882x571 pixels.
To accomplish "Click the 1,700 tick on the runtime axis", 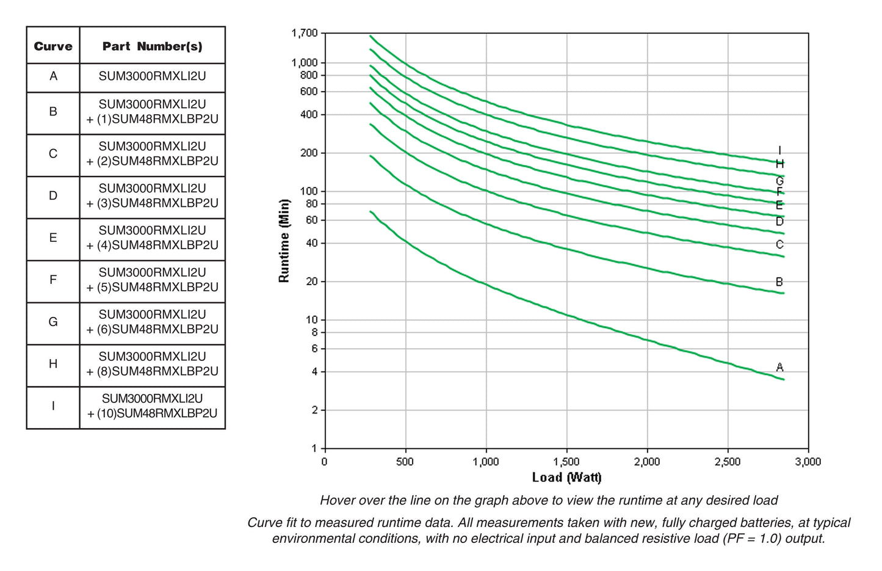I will pyautogui.click(x=305, y=33).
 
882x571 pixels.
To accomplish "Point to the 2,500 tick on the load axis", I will pyautogui.click(x=728, y=462).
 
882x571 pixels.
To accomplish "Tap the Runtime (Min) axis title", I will pyautogui.click(x=284, y=241).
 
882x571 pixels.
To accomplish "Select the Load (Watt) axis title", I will pyautogui.click(x=566, y=478).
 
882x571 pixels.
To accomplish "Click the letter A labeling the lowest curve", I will pyautogui.click(x=779, y=367).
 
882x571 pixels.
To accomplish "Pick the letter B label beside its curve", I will pyautogui.click(x=779, y=282).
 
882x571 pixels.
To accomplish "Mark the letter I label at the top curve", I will pyautogui.click(x=779, y=150).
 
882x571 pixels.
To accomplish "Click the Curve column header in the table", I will pyautogui.click(x=53, y=46).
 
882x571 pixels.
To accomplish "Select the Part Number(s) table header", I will pyautogui.click(x=152, y=46).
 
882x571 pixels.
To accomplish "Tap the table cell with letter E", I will pyautogui.click(x=53, y=238).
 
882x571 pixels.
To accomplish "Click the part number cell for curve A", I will pyautogui.click(x=152, y=77).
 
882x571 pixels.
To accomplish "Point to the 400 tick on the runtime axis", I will pyautogui.click(x=309, y=115).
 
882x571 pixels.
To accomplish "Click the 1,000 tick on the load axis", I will pyautogui.click(x=486, y=462).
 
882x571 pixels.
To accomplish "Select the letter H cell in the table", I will pyautogui.click(x=53, y=364).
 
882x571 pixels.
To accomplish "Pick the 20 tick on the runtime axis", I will pyautogui.click(x=311, y=282).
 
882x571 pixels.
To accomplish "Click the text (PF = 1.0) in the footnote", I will pyautogui.click(x=751, y=539).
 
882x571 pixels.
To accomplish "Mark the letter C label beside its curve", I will pyautogui.click(x=779, y=245).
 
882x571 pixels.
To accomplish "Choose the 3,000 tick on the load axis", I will pyautogui.click(x=808, y=462).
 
